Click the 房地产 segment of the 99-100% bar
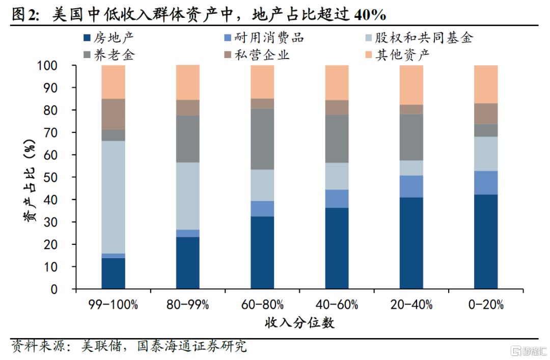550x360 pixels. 113,273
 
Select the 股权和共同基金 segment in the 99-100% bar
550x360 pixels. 113,197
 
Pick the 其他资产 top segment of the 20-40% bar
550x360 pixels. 411,85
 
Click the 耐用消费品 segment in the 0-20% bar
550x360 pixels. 485,182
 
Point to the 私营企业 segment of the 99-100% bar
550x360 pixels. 113,114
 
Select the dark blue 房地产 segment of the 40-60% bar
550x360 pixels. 337,248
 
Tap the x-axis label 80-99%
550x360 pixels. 187,305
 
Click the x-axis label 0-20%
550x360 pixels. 485,305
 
